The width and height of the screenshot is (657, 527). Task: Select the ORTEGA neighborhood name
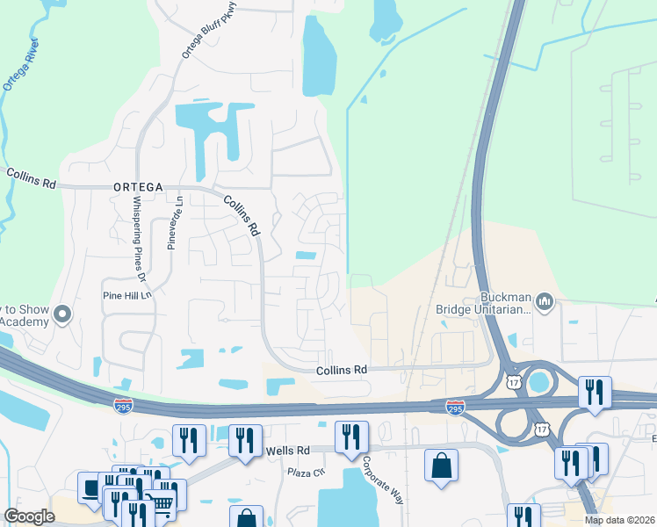pyautogui.click(x=138, y=187)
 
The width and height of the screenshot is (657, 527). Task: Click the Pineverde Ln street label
pyautogui.click(x=173, y=223)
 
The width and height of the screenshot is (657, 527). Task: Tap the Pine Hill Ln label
pyautogui.click(x=128, y=296)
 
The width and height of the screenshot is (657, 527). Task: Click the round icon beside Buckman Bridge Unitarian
pyautogui.click(x=545, y=303)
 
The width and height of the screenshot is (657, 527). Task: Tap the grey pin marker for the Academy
pyautogui.click(x=62, y=314)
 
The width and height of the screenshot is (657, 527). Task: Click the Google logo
pyautogui.click(x=29, y=516)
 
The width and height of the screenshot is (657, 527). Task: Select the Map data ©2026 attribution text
pyautogui.click(x=619, y=520)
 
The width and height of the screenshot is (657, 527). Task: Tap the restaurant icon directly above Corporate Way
pyautogui.click(x=351, y=437)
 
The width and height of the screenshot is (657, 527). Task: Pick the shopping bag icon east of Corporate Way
pyautogui.click(x=441, y=465)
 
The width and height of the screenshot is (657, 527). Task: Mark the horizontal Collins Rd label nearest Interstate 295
pyautogui.click(x=341, y=372)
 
